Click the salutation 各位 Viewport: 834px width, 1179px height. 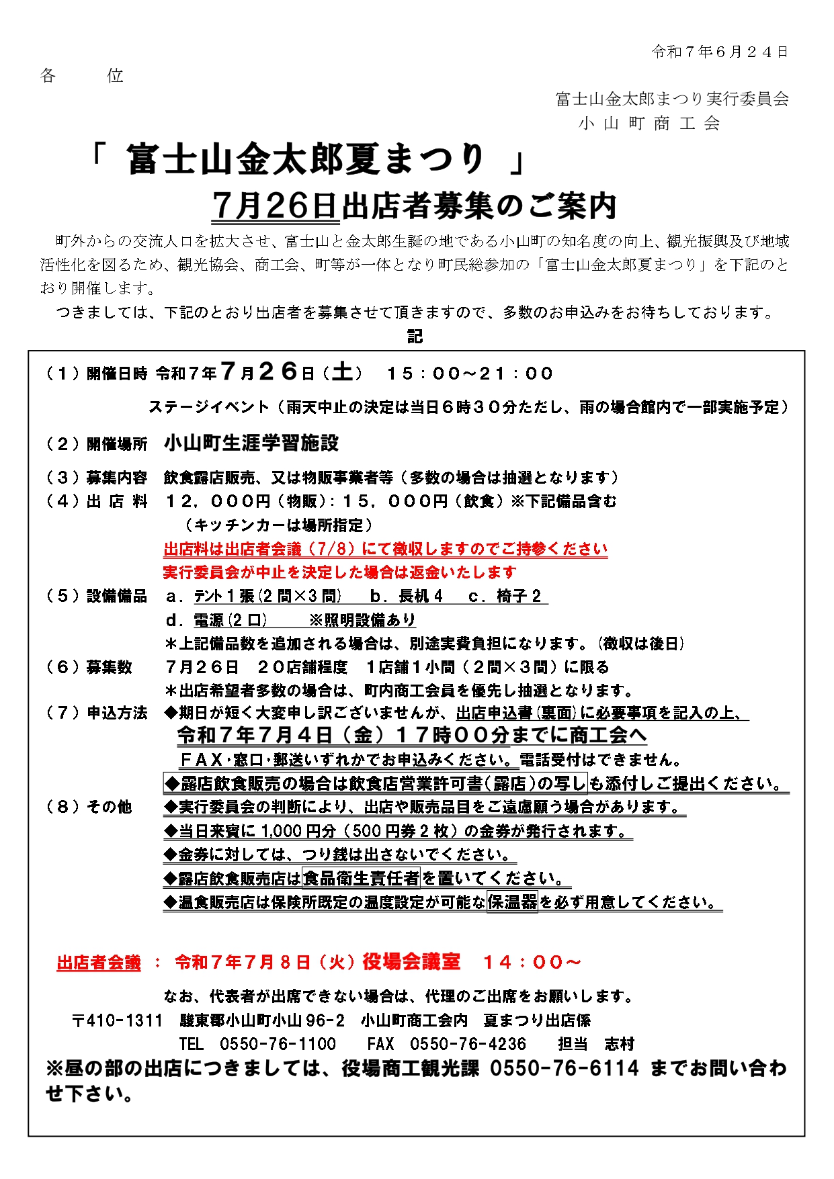[x=81, y=75]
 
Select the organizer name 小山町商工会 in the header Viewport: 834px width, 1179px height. [x=649, y=124]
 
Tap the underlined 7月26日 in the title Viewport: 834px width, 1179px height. [x=274, y=206]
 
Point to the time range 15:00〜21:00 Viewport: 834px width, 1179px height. [x=469, y=374]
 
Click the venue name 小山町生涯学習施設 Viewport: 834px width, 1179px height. [x=251, y=443]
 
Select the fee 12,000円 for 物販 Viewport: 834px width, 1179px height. [x=218, y=501]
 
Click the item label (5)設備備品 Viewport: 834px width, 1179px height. [x=96, y=596]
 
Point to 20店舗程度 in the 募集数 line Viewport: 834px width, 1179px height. [x=302, y=667]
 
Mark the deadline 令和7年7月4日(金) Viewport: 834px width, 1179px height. [x=285, y=736]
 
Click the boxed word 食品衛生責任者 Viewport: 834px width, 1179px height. [x=362, y=878]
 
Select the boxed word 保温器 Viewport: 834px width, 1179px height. [x=512, y=902]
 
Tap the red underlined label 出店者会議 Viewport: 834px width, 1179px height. [x=99, y=963]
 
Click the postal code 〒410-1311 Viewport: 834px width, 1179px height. [x=118, y=1020]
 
